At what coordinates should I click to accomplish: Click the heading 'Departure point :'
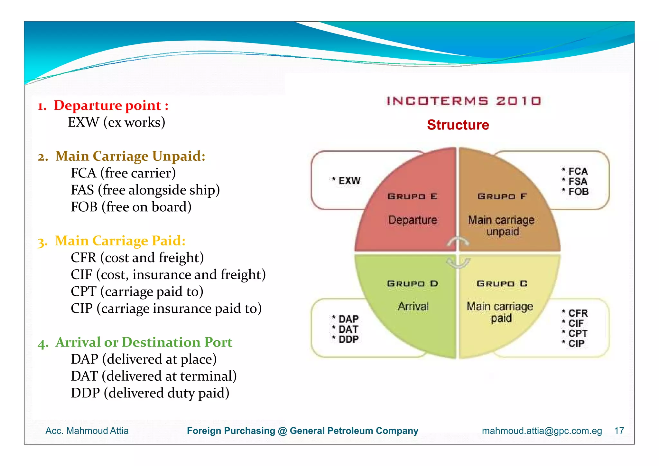click(x=111, y=106)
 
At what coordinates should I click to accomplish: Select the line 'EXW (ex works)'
click(x=116, y=122)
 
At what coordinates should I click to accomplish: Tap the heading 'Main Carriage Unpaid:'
click(x=130, y=156)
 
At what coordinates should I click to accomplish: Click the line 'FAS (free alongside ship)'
click(x=145, y=190)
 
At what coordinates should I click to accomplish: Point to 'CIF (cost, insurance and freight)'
click(x=168, y=275)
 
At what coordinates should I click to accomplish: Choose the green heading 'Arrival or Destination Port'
click(x=144, y=342)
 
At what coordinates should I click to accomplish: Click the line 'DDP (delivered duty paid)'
click(x=150, y=393)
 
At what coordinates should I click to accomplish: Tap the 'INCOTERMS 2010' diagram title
click(x=464, y=101)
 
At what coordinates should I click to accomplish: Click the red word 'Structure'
click(x=458, y=125)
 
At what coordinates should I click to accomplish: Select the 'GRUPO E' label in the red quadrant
click(x=413, y=196)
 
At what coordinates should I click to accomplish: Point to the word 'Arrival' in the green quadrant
click(x=413, y=306)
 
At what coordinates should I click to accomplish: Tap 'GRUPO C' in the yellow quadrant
click(x=502, y=284)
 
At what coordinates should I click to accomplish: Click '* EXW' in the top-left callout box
click(x=347, y=181)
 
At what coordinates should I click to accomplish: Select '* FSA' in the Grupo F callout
click(x=575, y=181)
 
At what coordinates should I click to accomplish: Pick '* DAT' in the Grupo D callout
click(x=346, y=329)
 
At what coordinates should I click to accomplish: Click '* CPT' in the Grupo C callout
click(x=575, y=333)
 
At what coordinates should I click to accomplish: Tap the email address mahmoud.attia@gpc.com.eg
click(x=542, y=431)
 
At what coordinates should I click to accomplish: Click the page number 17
click(x=619, y=431)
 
